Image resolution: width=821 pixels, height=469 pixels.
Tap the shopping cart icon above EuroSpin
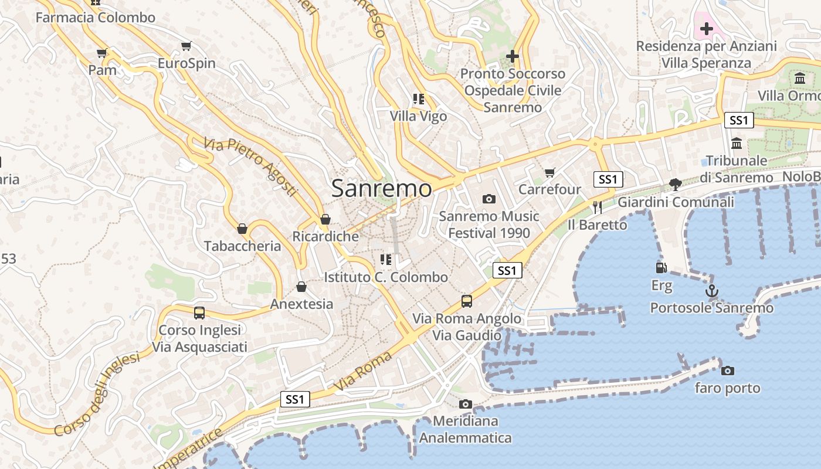(186, 46)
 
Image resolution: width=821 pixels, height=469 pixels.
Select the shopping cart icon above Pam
(102, 53)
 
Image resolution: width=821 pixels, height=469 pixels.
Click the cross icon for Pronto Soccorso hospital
(513, 56)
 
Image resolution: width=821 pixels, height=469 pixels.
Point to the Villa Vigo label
(419, 116)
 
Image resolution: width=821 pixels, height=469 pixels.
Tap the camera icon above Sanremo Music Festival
(488, 199)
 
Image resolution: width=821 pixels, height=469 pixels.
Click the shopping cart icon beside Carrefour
(549, 172)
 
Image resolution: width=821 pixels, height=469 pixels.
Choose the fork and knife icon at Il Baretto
(597, 207)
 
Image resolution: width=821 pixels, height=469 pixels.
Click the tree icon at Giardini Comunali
(676, 185)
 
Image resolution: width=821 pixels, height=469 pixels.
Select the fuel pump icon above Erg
(661, 268)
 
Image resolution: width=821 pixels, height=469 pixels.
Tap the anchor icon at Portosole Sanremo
(711, 290)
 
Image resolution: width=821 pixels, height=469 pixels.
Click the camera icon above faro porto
(727, 371)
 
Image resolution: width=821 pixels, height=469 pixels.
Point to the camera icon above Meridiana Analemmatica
(466, 404)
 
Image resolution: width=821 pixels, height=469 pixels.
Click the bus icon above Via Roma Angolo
(467, 301)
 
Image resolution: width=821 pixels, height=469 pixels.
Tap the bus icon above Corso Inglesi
(199, 313)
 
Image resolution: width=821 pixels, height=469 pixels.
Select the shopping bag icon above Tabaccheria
(242, 229)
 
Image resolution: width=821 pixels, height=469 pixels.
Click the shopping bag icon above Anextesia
(301, 287)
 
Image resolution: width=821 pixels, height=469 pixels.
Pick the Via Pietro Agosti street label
(252, 167)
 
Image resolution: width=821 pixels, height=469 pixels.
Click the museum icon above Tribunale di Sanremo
(737, 143)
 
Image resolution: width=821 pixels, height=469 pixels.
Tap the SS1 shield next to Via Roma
(295, 400)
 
